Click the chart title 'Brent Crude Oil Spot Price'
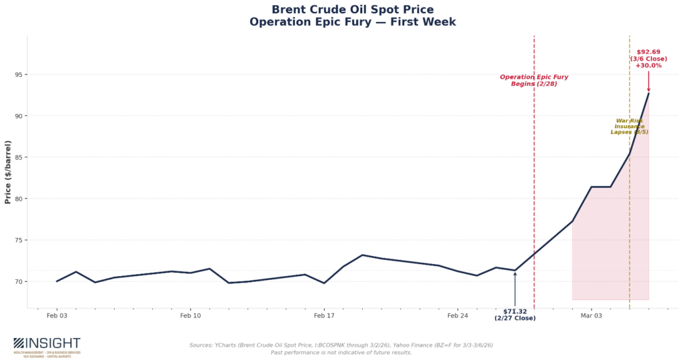[x=352, y=9]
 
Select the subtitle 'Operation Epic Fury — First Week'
[x=352, y=22]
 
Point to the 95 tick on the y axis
[x=17, y=75]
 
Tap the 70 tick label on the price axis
[x=17, y=281]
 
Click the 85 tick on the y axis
[x=17, y=157]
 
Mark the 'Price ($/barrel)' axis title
[x=8, y=172]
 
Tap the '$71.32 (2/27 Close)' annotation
[x=515, y=315]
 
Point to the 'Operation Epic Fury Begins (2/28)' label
[x=534, y=80]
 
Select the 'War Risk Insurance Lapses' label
[x=630, y=127]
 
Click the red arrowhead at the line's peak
[x=648, y=90]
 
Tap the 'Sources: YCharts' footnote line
[x=341, y=345]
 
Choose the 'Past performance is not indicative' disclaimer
[x=341, y=352]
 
